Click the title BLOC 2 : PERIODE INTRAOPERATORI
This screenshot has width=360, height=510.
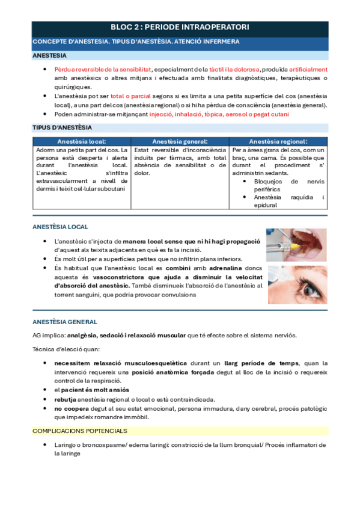180,28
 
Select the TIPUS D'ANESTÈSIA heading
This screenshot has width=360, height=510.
62,127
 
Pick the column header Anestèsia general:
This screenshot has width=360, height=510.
180,141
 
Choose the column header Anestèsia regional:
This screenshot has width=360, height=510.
278,141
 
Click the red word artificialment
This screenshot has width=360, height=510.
304,69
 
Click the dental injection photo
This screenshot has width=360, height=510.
297,245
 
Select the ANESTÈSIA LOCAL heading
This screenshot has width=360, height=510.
60,227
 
